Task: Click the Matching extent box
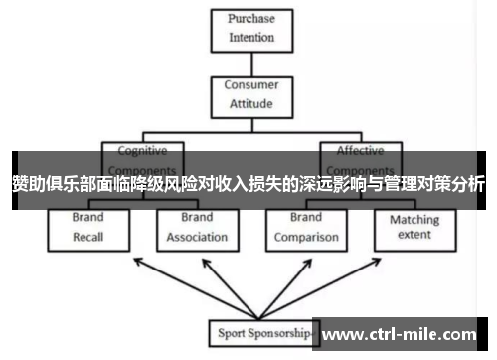pyautogui.click(x=414, y=227)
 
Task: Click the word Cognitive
pyautogui.click(x=142, y=151)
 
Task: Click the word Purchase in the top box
pyautogui.click(x=251, y=19)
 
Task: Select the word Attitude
pyautogui.click(x=251, y=103)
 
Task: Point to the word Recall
pyautogui.click(x=88, y=238)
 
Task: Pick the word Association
pyautogui.click(x=196, y=238)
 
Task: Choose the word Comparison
pyautogui.click(x=306, y=238)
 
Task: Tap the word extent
pyautogui.click(x=414, y=235)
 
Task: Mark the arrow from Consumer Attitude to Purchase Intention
pyautogui.click(x=251, y=62)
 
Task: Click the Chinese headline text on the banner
pyautogui.click(x=248, y=184)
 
